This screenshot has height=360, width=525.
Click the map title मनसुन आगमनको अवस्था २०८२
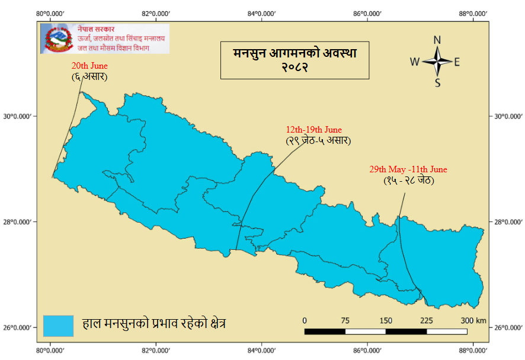pyautogui.click(x=294, y=60)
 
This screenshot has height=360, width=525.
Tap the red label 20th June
pyautogui.click(x=89, y=66)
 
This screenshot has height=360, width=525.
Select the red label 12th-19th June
pyautogui.click(x=313, y=130)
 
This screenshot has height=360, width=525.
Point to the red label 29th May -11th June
pyautogui.click(x=408, y=169)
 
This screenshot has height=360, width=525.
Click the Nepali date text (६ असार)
pyautogui.click(x=89, y=76)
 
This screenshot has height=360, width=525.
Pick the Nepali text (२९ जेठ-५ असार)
pyautogui.click(x=318, y=140)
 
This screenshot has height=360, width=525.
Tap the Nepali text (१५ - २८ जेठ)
pyautogui.click(x=408, y=180)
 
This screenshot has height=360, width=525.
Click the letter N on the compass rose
pyautogui.click(x=437, y=40)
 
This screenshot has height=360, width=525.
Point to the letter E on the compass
pyautogui.click(x=457, y=62)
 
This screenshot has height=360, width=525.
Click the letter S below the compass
pyautogui.click(x=437, y=83)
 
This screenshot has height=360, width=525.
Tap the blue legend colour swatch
pyautogui.click(x=58, y=325)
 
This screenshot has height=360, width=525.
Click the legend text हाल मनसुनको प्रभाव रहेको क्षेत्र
pyautogui.click(x=153, y=324)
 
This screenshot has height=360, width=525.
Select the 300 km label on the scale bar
pyautogui.click(x=473, y=320)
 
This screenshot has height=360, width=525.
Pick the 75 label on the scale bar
pyautogui.click(x=345, y=320)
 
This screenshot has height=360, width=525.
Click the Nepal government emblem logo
pyautogui.click(x=57, y=39)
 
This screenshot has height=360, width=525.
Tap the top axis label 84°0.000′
pyautogui.click(x=261, y=12)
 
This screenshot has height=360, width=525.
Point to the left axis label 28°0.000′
pyautogui.click(x=20, y=222)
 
